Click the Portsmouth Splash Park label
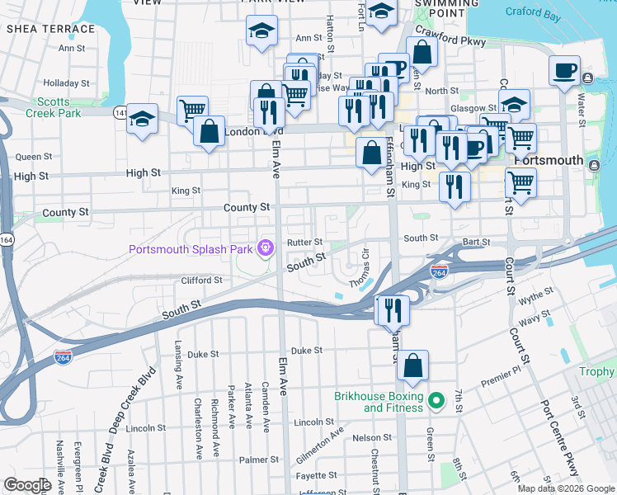click(x=192, y=249)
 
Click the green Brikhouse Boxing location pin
click(x=438, y=402)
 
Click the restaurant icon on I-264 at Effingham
click(x=392, y=311)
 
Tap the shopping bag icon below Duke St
click(x=413, y=365)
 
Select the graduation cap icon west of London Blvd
click(x=142, y=120)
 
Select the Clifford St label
click(x=201, y=280)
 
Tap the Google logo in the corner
click(x=27, y=484)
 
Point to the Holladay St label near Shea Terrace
click(x=66, y=83)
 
